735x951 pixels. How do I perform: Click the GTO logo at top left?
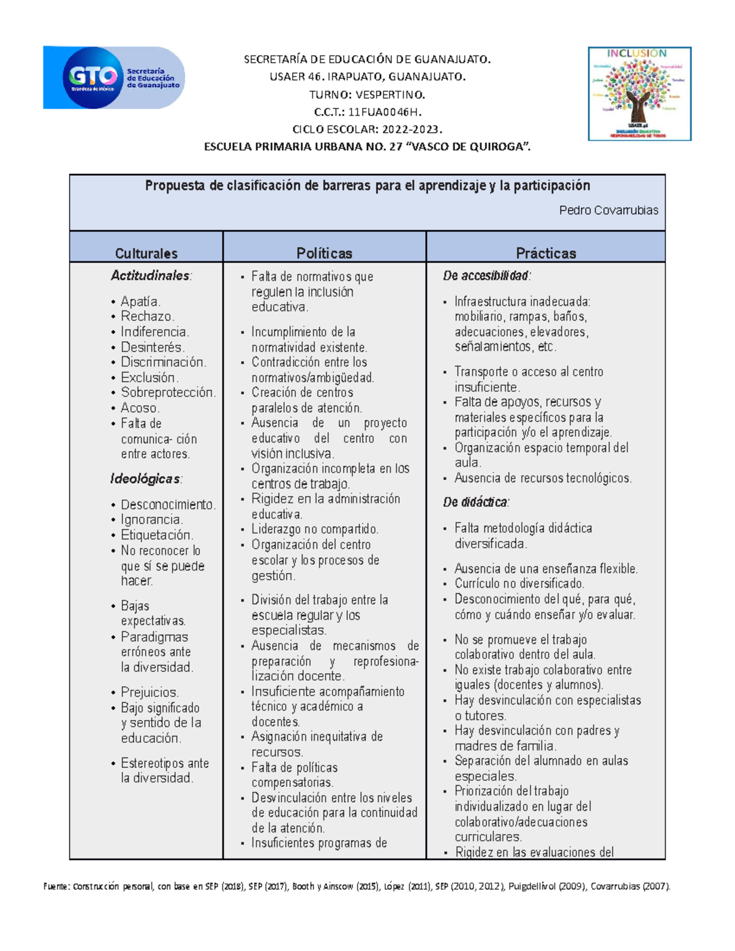coord(114,78)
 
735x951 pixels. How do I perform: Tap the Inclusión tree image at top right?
coord(639,94)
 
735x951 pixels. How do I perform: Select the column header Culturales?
coord(146,254)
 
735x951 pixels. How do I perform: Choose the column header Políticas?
coord(325,254)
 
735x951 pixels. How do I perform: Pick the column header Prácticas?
coord(546,254)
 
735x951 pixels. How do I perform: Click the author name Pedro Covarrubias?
coord(608,211)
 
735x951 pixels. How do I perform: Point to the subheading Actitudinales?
coord(151,276)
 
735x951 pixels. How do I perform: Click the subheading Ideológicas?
coord(146,479)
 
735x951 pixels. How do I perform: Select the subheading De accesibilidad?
coord(486,276)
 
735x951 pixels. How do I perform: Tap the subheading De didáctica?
coord(476,503)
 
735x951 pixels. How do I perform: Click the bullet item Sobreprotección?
coord(168,393)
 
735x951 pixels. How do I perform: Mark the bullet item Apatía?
coord(140,301)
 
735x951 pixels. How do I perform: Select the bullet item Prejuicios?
coord(149,693)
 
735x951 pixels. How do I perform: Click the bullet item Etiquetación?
coord(157,535)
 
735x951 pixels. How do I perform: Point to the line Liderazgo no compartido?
coord(315,529)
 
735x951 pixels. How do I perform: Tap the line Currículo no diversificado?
coord(519,584)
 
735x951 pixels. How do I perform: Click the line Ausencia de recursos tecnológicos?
coord(543,478)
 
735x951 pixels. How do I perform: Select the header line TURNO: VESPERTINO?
coord(367,94)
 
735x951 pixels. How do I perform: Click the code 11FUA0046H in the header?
coord(385,112)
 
